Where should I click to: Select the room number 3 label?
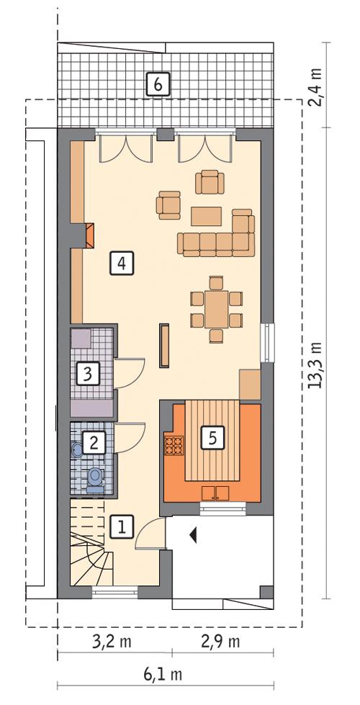88,374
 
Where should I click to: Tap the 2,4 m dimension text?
315,85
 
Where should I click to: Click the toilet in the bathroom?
94,479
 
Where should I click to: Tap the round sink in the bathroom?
77,449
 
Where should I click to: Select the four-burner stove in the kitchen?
174,446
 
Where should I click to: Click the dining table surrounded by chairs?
215,307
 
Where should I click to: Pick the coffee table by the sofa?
207,216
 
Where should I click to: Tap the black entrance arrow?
193,534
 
